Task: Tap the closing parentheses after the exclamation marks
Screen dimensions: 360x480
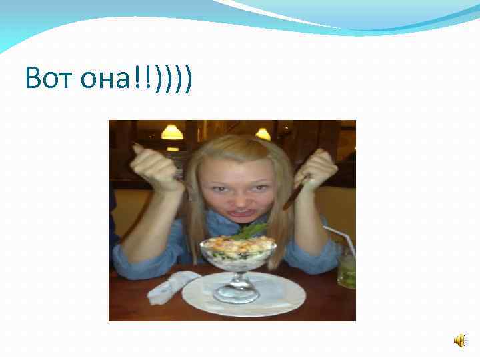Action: pos(173,79)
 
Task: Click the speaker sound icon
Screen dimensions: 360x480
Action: pos(460,341)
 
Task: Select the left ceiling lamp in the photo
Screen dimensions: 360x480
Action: pos(172,132)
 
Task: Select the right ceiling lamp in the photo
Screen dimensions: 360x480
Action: pos(263,134)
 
